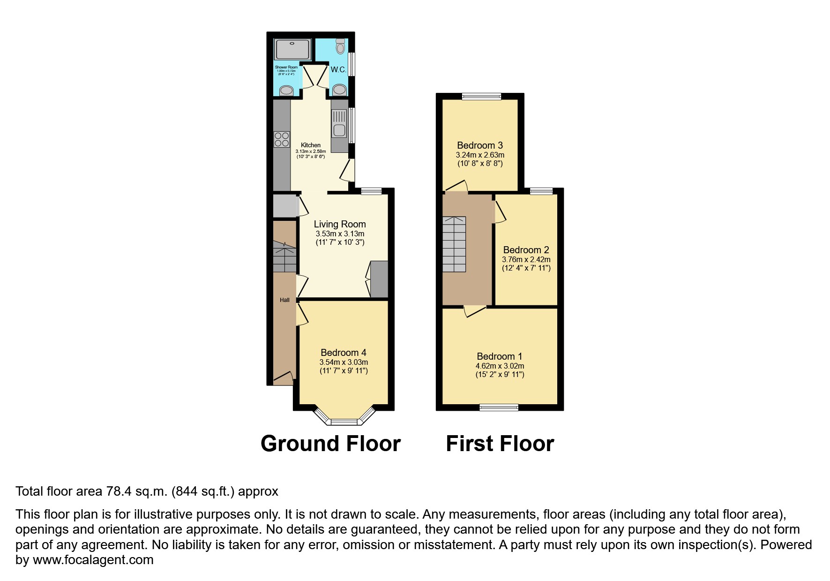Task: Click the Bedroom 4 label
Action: tap(344, 353)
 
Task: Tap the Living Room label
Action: tap(340, 224)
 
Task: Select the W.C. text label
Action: tap(338, 69)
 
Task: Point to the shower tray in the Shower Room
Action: tap(292, 48)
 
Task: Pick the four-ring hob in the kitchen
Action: tap(282, 139)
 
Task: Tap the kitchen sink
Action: tap(338, 124)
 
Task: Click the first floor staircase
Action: tap(454, 244)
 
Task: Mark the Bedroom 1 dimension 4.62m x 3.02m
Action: tap(500, 366)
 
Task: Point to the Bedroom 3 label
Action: tap(480, 145)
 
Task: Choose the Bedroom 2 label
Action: tap(526, 250)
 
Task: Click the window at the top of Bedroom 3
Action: tap(481, 97)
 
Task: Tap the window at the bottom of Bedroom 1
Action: tap(499, 407)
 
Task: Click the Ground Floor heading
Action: tap(330, 444)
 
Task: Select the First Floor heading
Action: tap(500, 444)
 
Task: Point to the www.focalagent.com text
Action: tap(93, 560)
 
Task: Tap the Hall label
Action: tap(284, 300)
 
